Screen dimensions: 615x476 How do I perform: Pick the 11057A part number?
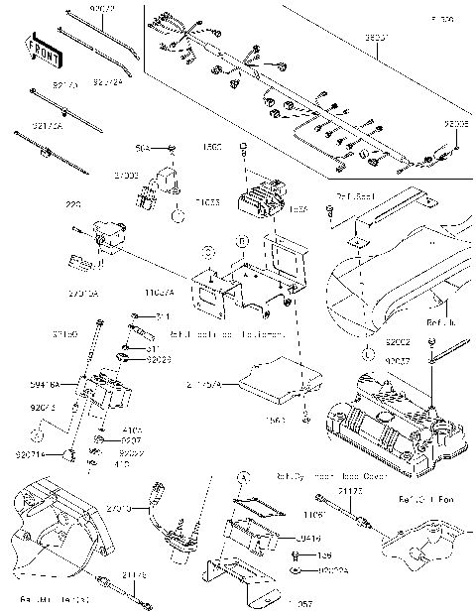[x=160, y=294]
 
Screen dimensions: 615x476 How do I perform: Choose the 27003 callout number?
[x=126, y=175]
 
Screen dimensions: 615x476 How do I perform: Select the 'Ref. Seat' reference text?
[x=353, y=195]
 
